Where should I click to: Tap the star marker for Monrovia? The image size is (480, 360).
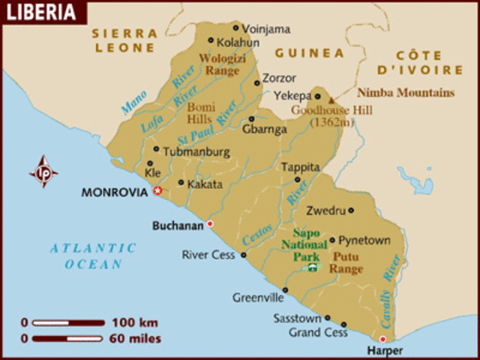(x=157, y=191)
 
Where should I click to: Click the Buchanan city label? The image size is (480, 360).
(x=178, y=224)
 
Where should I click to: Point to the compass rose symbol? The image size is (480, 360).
(x=43, y=172)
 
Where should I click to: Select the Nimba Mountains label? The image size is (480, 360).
(x=406, y=93)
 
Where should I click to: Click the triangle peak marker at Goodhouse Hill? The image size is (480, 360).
(x=332, y=99)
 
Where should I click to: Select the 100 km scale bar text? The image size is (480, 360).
(x=135, y=322)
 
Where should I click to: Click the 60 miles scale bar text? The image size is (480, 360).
(x=136, y=338)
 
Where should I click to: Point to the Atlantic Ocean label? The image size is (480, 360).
(x=93, y=256)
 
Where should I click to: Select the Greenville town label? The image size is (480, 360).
(x=258, y=297)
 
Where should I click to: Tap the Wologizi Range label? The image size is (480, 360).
(x=219, y=64)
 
